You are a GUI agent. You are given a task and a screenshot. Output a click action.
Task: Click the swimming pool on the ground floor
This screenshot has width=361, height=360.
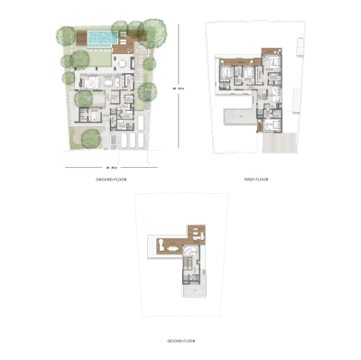101,38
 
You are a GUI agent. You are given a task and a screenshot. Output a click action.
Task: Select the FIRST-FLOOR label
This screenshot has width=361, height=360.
256,180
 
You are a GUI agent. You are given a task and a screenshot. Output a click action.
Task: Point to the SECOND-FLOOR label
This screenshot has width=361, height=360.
182,341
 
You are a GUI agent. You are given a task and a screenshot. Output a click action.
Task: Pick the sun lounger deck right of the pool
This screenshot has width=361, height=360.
130,37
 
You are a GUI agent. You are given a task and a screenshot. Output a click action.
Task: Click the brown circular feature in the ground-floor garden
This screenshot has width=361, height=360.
89,137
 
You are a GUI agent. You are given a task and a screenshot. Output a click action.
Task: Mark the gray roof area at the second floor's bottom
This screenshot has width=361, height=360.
190,291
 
